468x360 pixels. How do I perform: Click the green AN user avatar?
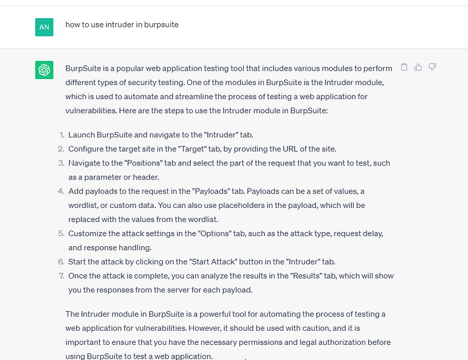(44, 27)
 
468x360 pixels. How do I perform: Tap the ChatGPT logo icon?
(44, 70)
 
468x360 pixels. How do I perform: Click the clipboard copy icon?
(404, 67)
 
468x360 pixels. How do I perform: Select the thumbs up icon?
(418, 67)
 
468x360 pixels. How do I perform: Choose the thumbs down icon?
(432, 67)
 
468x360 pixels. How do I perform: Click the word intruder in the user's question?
(122, 25)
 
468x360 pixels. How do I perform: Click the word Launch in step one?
(82, 135)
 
